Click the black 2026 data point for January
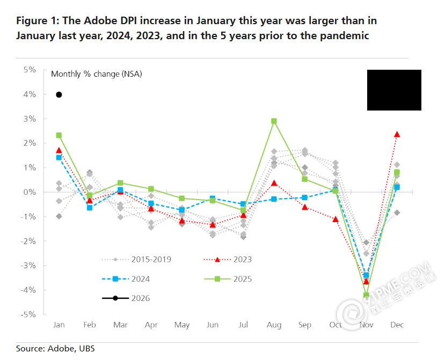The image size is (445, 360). coord(59,95)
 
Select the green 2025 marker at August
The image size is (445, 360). coord(274,121)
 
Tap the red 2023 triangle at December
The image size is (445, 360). coord(397,134)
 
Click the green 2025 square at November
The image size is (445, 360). coord(367,295)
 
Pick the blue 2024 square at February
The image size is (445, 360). coord(90,208)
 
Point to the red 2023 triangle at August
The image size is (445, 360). coord(274,183)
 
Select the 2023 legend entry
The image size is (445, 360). coord(228,259)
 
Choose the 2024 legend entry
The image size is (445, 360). coord(126,278)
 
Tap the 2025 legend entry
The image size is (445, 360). coord(228,278)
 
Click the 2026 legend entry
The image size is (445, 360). coord(126,298)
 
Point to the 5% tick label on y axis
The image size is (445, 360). coord(30,70)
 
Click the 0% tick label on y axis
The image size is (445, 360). coord(30,192)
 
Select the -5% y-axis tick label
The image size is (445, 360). coord(28,314)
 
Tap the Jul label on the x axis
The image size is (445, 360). coord(243,325)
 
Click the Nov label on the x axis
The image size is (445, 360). coord(366,325)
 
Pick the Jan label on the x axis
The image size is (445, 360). coord(59,325)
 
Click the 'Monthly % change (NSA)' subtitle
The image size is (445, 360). coord(97,74)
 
